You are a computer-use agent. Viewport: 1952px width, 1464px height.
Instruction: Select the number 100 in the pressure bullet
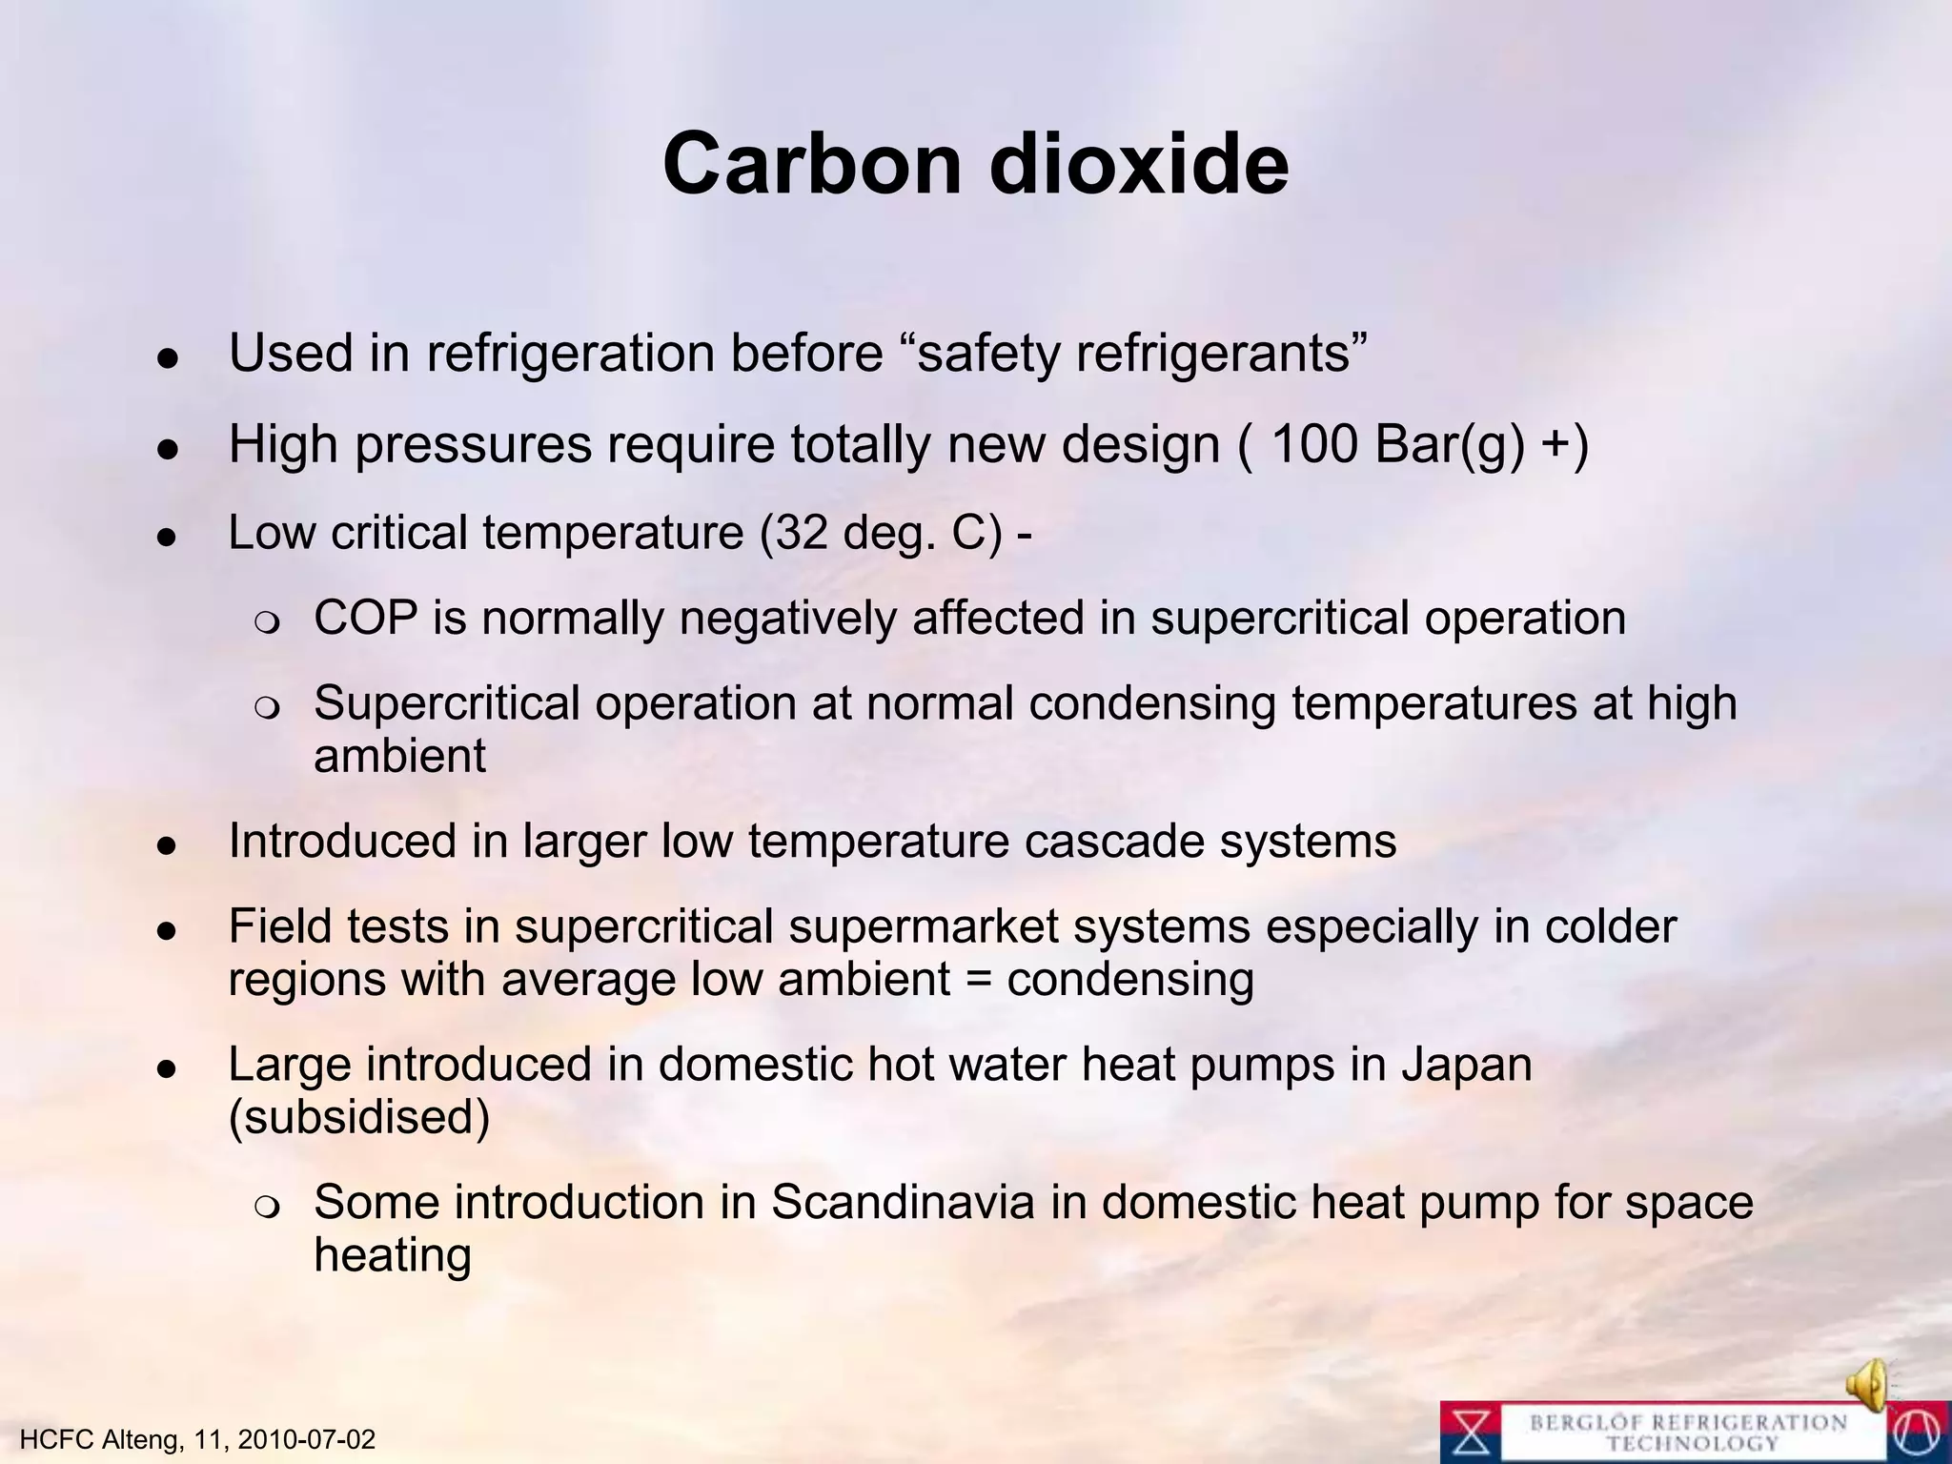click(x=1314, y=443)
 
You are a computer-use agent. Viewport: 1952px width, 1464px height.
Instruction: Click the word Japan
click(x=1466, y=1064)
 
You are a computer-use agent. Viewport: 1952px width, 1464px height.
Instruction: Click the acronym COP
click(x=365, y=618)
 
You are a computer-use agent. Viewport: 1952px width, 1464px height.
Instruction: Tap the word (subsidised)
click(x=359, y=1117)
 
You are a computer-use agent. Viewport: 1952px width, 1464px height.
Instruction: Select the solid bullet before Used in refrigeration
click(x=169, y=358)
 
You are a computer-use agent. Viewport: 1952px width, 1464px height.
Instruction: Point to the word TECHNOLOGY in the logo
click(x=1692, y=1445)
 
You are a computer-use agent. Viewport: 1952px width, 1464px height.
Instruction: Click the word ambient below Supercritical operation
click(x=399, y=756)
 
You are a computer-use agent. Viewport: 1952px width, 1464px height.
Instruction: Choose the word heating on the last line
click(x=393, y=1255)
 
